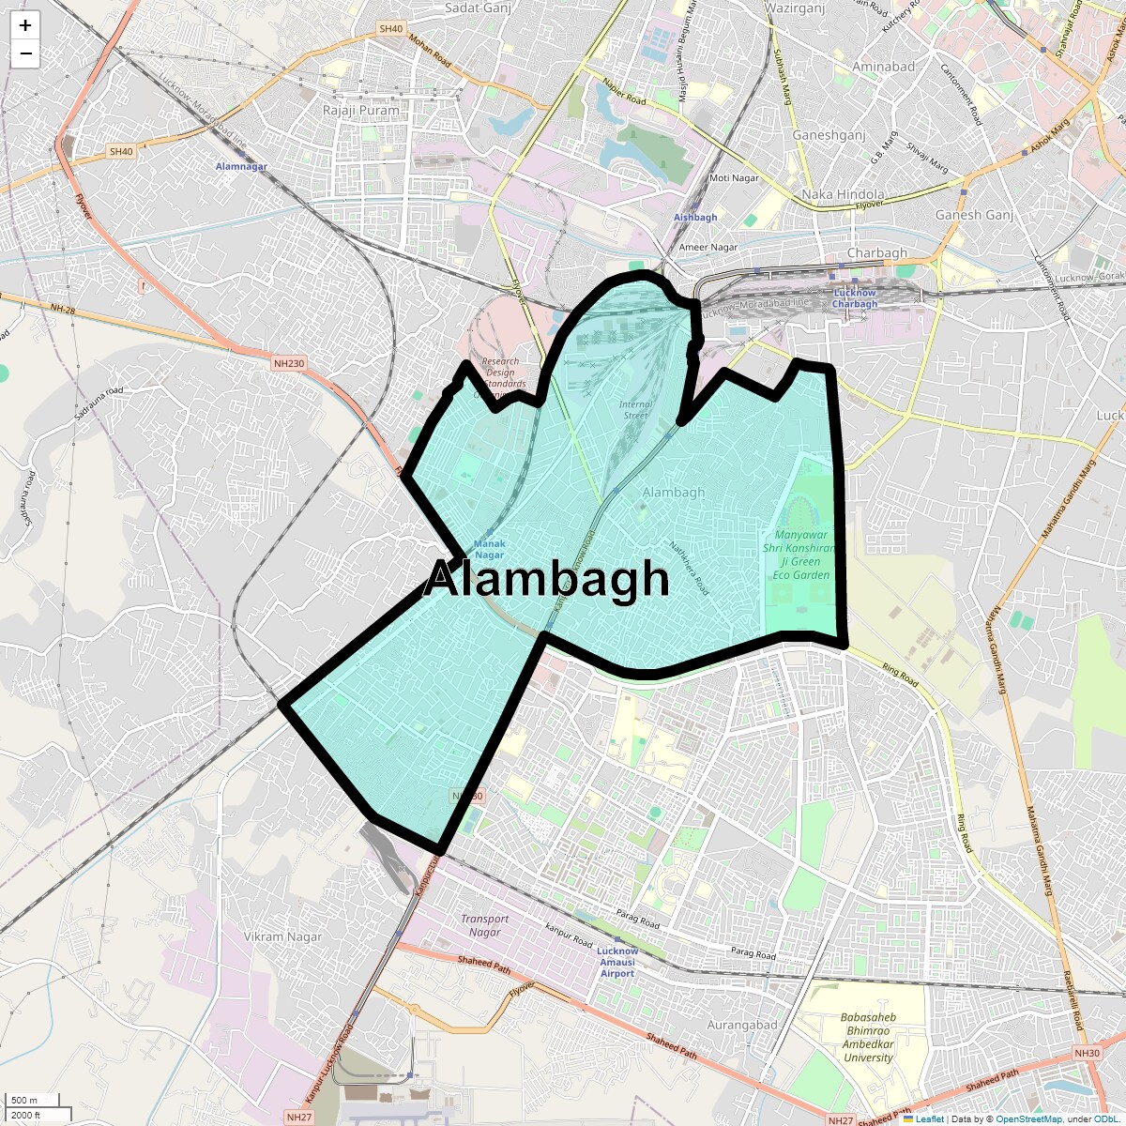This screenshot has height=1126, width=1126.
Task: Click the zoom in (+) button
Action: (25, 25)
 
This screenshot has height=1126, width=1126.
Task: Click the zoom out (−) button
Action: (25, 53)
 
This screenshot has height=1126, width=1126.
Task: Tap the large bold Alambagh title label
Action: (547, 579)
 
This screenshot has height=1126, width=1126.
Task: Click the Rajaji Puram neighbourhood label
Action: (360, 110)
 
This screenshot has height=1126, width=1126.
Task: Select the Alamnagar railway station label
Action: (241, 166)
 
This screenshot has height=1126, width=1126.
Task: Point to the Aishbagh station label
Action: (695, 217)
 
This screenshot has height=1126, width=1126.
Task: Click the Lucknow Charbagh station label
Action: (855, 298)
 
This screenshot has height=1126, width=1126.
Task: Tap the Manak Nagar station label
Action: (489, 549)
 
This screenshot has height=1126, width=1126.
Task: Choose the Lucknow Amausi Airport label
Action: (616, 962)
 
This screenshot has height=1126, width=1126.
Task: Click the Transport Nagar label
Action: (484, 925)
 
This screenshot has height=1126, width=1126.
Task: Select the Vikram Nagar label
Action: (282, 936)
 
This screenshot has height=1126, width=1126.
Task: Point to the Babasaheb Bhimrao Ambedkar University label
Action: (867, 1037)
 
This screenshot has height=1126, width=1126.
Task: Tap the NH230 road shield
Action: (289, 363)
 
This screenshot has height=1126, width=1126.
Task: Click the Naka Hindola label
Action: (843, 194)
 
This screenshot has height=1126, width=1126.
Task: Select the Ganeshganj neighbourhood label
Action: (829, 135)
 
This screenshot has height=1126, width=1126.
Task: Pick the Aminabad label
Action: (883, 67)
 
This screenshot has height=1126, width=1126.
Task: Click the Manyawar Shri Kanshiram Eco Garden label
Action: (800, 555)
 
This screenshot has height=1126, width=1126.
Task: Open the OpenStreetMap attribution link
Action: (1028, 1118)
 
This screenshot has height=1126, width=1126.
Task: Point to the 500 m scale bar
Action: (24, 1101)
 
